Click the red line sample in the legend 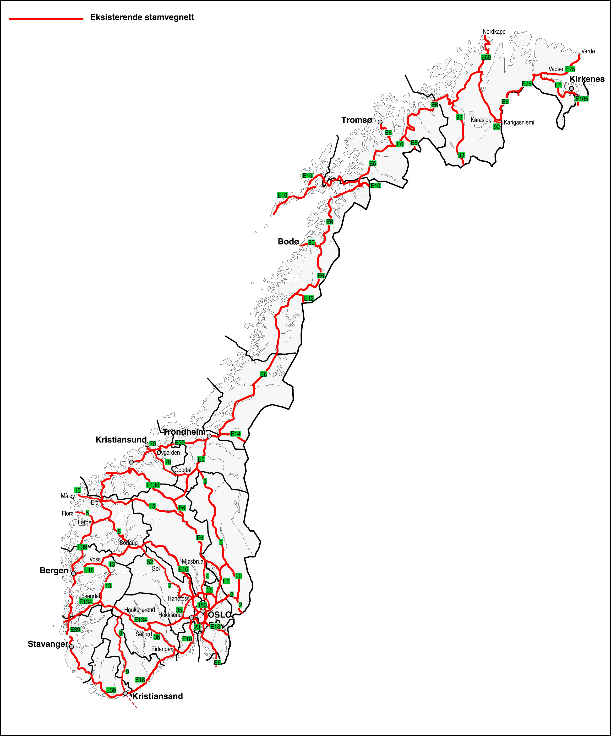46,19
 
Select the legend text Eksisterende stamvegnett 142,17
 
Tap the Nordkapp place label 494,32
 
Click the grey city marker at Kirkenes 571,88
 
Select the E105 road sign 582,99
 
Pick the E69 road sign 486,57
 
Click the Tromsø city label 356,120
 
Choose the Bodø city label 288,241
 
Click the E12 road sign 309,298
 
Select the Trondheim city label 184,432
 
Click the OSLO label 220,614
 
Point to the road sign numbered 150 202,605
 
